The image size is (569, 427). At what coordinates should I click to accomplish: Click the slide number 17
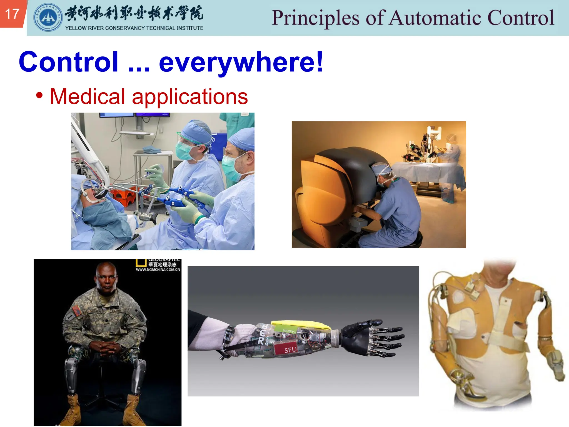[12, 14]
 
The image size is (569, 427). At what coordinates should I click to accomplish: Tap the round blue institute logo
[48, 18]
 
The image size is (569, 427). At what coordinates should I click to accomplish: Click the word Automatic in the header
[435, 18]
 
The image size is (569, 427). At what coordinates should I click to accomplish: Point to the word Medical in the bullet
[87, 96]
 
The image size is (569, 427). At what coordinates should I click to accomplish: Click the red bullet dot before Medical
[39, 95]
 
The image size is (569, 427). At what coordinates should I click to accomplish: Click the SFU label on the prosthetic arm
[290, 350]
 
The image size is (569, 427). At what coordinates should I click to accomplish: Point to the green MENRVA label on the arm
[289, 331]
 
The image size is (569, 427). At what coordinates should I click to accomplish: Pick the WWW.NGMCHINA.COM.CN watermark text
[158, 270]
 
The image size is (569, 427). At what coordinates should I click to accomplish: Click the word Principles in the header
[315, 18]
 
